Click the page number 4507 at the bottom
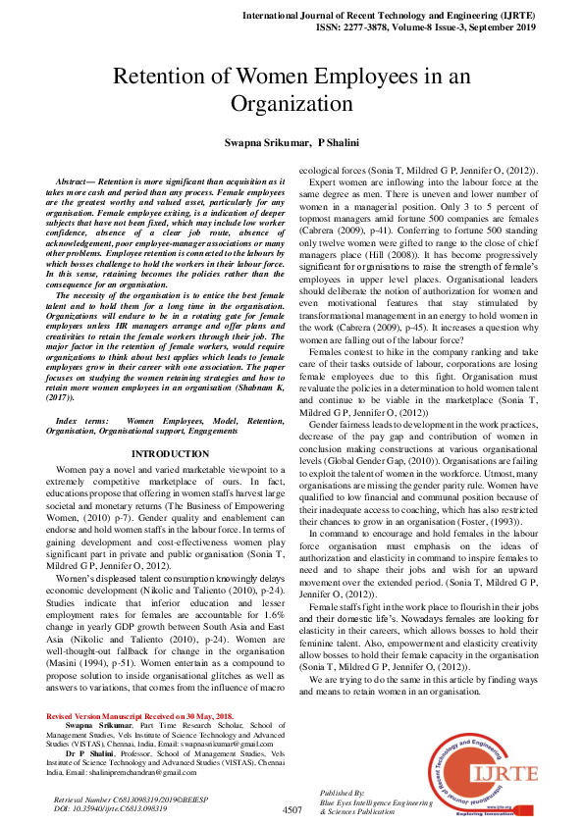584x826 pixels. [292, 810]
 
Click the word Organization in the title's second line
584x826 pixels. [291, 103]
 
